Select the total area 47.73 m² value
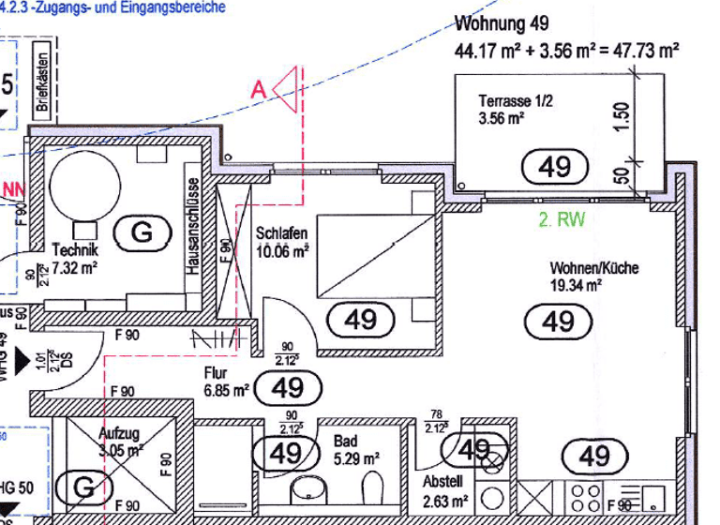(x=646, y=51)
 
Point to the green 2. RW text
(x=561, y=221)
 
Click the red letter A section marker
(x=259, y=90)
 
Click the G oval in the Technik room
(x=142, y=232)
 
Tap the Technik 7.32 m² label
(x=75, y=258)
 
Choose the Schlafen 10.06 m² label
(x=282, y=242)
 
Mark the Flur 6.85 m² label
(x=226, y=381)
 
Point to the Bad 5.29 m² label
(x=356, y=449)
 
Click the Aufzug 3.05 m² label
(x=121, y=441)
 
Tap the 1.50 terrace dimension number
(x=622, y=117)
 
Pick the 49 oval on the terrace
(x=555, y=167)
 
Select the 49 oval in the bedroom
(x=360, y=321)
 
